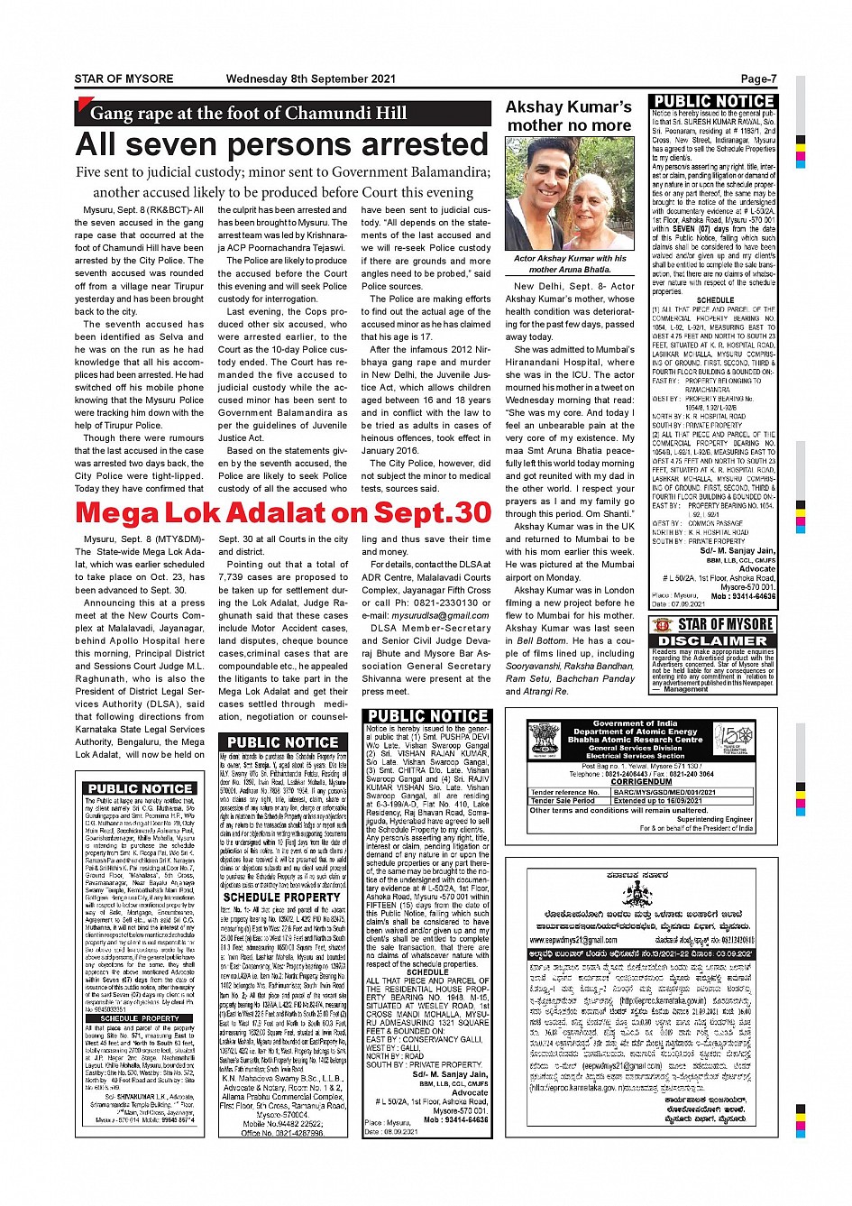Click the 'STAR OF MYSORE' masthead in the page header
(124, 78)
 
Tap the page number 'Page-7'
(758, 78)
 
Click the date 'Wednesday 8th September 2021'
(311, 78)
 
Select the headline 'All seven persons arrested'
(282, 144)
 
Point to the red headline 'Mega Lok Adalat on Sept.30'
(283, 512)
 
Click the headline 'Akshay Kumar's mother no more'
(569, 116)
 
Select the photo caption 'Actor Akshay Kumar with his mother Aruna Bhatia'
(569, 263)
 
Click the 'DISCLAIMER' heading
(725, 640)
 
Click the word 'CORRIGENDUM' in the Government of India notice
(635, 782)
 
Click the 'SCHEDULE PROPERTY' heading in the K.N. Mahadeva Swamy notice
(281, 898)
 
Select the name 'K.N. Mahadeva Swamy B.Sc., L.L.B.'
(282, 1078)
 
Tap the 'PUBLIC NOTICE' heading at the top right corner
(713, 101)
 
